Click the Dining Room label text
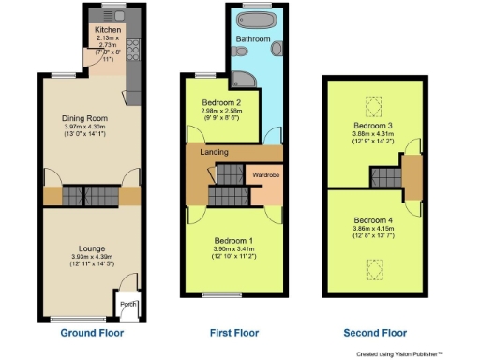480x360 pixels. click(85, 119)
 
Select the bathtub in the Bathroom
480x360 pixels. click(254, 21)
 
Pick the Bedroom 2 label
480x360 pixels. click(221, 102)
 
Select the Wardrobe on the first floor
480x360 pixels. click(262, 175)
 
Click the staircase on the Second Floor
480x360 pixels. click(382, 176)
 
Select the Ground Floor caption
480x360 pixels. click(92, 332)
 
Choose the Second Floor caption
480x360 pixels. click(374, 332)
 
